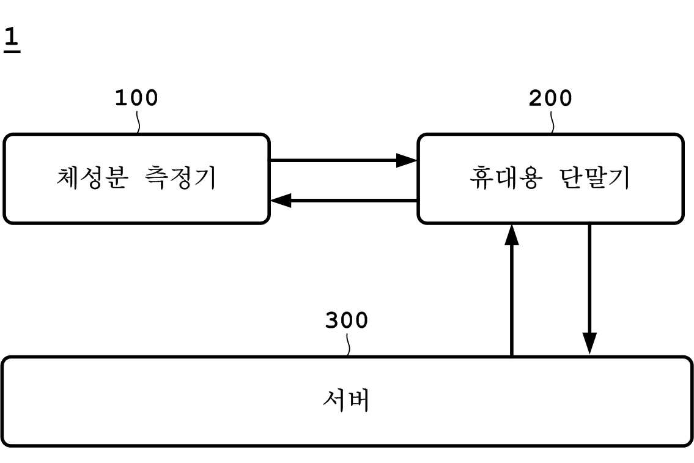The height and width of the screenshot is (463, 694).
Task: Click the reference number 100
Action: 136,98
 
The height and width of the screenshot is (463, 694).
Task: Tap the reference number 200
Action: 550,98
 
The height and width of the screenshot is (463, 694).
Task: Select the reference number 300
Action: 346,320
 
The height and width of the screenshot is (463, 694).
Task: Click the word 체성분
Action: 92,178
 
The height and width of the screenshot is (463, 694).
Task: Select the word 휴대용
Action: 504,178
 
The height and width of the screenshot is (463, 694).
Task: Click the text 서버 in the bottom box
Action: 346,401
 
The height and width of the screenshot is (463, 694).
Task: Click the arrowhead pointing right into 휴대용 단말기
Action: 407,161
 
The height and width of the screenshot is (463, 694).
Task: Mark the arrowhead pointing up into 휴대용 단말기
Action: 512,234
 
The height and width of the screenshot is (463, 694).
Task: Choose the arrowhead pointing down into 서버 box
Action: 589,343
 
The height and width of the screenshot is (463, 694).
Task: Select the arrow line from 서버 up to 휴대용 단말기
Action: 512,300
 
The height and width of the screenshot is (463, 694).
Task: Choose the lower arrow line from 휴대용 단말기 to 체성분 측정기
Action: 355,200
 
